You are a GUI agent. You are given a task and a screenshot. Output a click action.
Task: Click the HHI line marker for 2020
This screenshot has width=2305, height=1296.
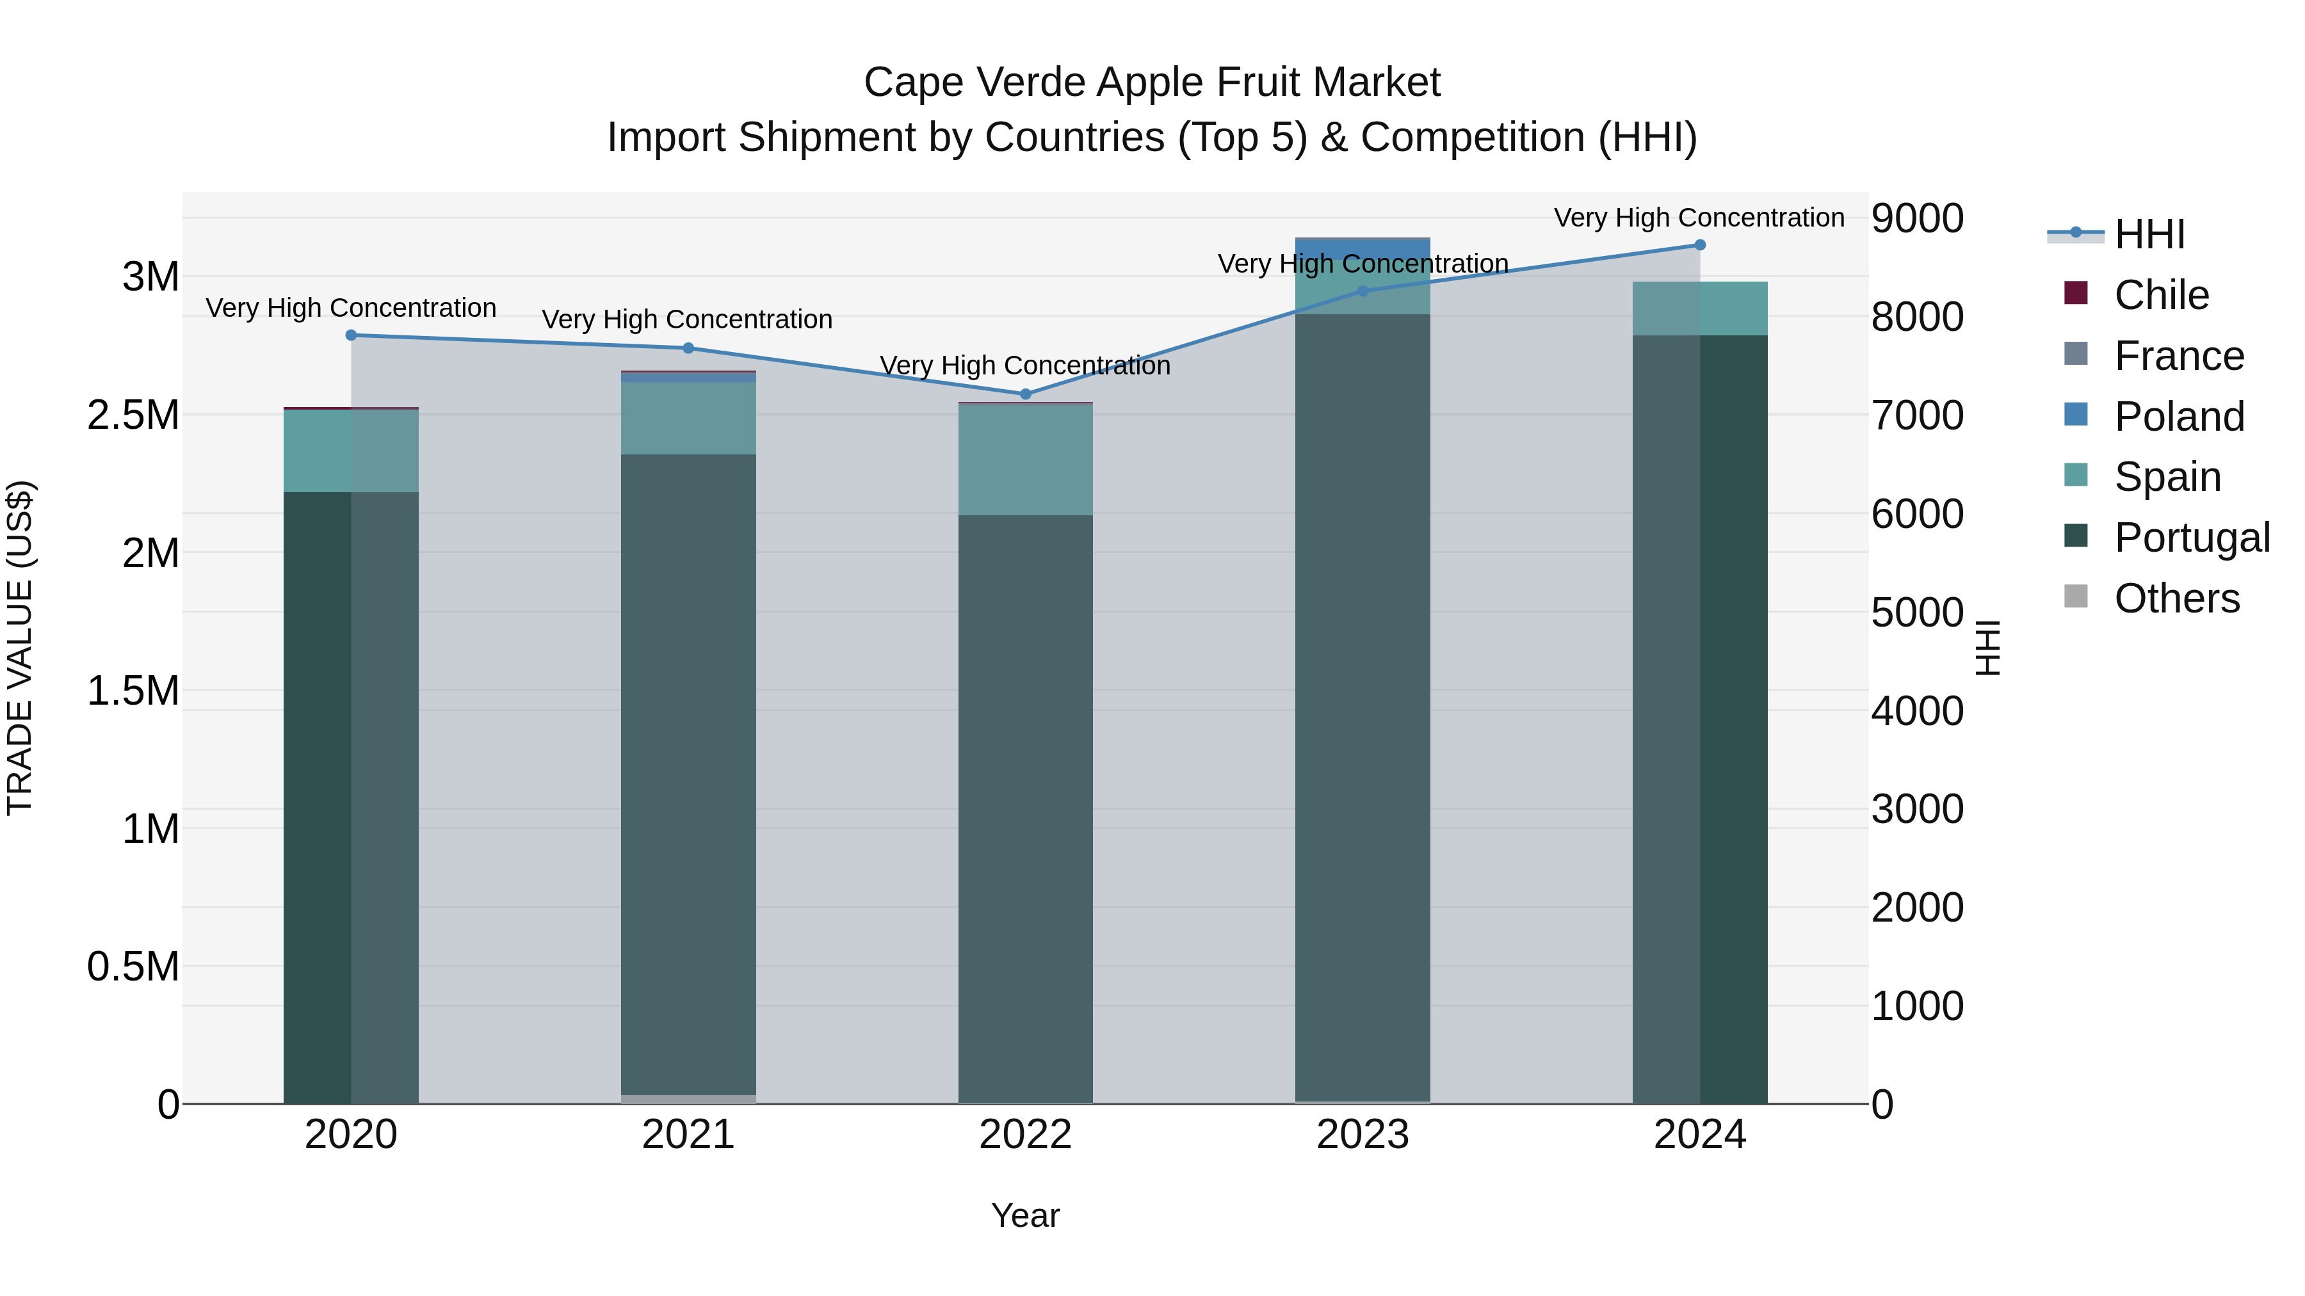351,335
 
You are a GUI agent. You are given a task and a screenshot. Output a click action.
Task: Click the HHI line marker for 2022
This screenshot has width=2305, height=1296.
1026,394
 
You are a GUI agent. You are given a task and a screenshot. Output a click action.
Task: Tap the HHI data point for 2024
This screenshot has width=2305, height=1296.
1700,245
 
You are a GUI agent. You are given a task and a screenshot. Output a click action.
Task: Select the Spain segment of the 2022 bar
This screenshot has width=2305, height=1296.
1026,460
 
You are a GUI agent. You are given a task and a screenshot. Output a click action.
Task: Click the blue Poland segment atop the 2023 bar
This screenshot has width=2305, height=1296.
1363,250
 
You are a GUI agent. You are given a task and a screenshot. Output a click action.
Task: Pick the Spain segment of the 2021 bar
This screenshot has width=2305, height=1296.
688,419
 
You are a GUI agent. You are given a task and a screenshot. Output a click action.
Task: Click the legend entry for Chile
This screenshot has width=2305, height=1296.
2161,295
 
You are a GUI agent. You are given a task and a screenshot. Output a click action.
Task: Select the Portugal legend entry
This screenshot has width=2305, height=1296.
2192,538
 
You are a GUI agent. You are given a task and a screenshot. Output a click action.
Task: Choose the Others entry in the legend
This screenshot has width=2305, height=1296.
2176,598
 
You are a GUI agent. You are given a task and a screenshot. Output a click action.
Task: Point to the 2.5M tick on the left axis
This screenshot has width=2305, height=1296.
133,415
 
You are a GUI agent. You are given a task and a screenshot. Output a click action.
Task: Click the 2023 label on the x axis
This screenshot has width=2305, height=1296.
1363,1135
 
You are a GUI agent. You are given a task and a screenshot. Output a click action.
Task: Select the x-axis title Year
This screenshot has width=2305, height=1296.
1026,1215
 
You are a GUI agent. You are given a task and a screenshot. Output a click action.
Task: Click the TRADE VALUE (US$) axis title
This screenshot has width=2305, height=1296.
20,648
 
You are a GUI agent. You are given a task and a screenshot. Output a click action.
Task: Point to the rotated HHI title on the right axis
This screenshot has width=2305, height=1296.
1987,648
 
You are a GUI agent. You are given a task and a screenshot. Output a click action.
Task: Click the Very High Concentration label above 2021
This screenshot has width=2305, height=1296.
687,319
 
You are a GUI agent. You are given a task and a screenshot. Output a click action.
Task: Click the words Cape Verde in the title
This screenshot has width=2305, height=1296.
973,83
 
